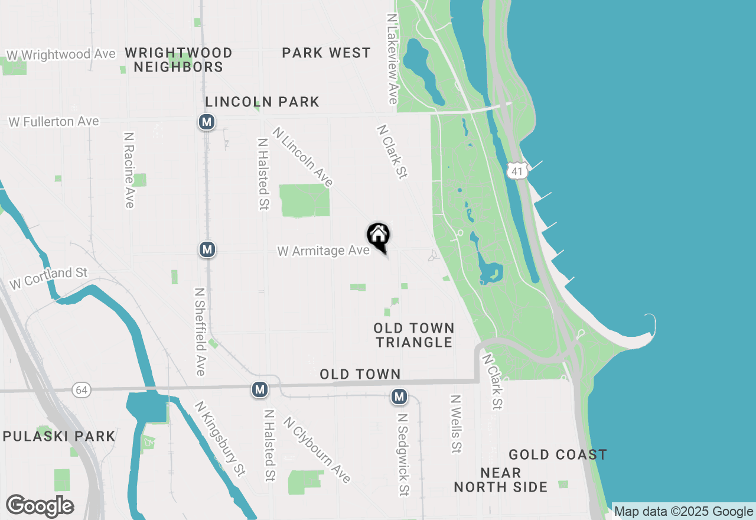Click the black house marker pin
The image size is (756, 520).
tap(379, 236)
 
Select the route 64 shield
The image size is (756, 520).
tap(81, 389)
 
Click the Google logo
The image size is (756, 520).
tap(40, 506)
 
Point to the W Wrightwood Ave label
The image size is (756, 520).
tap(61, 54)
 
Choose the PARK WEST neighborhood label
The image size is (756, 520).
tap(326, 53)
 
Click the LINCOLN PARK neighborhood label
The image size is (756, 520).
tap(262, 102)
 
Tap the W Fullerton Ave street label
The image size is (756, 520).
tap(54, 122)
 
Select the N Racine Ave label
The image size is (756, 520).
tap(129, 170)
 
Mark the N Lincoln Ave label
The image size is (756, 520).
tap(303, 157)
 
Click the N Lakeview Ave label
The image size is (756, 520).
tap(392, 59)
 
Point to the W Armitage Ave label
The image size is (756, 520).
tap(324, 251)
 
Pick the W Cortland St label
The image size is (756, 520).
tap(48, 278)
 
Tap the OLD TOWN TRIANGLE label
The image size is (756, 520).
tap(414, 335)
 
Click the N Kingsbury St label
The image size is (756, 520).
tap(220, 439)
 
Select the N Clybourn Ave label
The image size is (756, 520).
tap(317, 450)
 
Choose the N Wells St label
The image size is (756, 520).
tap(455, 424)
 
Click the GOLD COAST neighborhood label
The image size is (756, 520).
tap(558, 454)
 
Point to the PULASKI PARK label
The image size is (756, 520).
tap(59, 437)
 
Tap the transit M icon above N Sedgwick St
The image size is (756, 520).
tap(400, 396)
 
